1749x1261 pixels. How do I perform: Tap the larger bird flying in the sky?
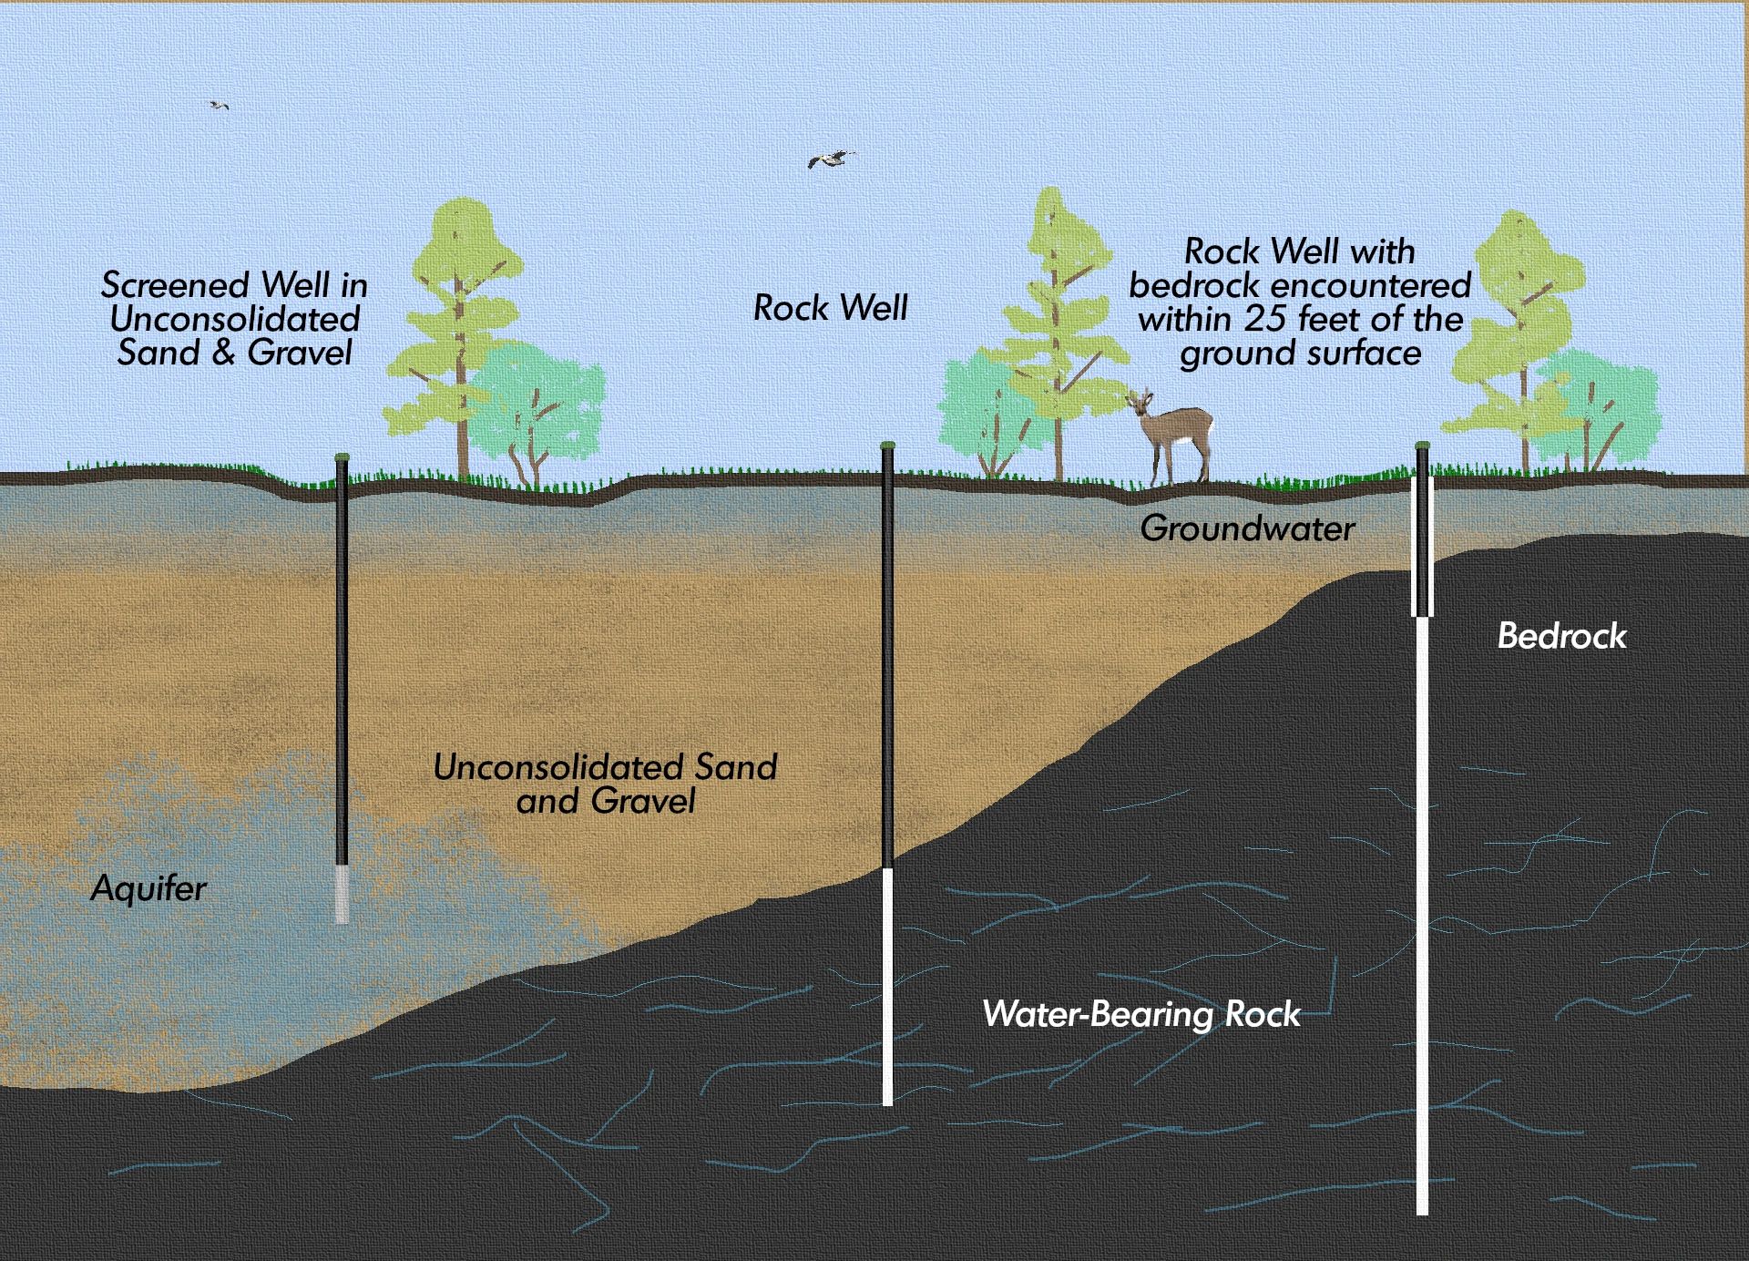(831, 159)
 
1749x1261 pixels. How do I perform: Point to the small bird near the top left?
(218, 105)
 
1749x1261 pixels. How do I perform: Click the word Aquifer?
(148, 887)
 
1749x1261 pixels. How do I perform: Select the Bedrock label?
(1561, 636)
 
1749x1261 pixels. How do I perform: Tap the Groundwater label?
(1247, 528)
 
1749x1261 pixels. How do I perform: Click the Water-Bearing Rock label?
(1141, 1014)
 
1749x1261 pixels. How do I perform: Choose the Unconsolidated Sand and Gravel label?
(605, 784)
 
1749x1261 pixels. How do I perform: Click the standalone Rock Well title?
(830, 308)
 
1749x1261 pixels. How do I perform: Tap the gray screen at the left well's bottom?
(342, 894)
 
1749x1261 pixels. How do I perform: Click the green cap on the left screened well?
(342, 456)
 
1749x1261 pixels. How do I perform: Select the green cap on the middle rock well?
(887, 446)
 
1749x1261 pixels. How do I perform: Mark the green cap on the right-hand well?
(1422, 446)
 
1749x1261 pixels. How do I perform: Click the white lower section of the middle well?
(887, 987)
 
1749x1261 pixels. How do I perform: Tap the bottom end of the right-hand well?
(1422, 1213)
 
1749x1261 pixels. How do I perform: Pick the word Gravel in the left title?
(300, 353)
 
